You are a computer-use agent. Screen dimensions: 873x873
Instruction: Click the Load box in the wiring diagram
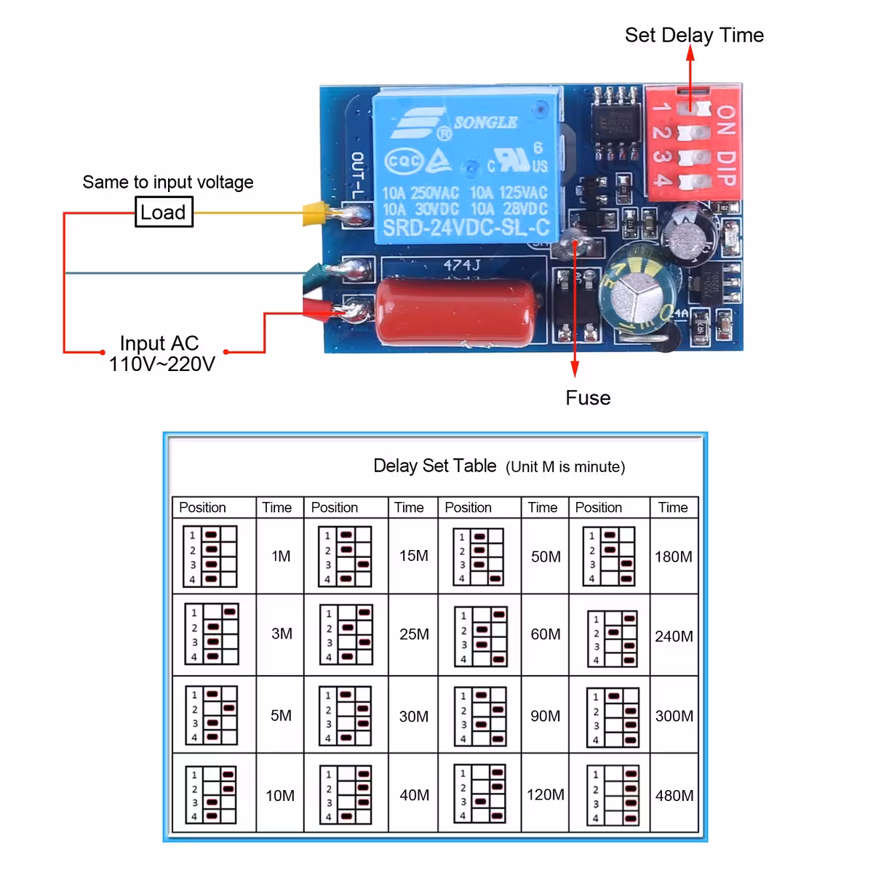coord(164,212)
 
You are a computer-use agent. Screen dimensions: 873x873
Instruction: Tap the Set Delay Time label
coord(694,35)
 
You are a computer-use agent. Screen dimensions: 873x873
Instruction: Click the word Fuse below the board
coord(588,398)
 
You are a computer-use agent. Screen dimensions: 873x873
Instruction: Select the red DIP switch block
coord(693,144)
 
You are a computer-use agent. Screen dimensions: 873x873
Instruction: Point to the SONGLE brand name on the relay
coord(485,122)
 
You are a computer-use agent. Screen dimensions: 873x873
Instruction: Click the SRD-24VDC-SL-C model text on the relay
coord(466,228)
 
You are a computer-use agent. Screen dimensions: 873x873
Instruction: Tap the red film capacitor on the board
coord(458,309)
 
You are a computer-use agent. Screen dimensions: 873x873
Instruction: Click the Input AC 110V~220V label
coord(162,354)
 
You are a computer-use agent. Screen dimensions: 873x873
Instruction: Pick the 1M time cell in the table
coord(281,557)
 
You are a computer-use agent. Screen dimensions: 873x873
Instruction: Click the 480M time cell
coord(674,796)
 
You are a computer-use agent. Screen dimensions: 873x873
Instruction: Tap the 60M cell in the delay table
coord(545,634)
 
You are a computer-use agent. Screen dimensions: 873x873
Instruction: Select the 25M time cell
coord(413,634)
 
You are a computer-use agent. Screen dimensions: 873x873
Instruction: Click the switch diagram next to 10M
coord(211,794)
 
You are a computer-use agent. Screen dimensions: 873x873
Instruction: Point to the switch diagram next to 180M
coord(609,557)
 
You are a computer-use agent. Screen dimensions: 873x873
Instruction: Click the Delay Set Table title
coord(434,466)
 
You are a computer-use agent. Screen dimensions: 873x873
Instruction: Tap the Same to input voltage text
coord(167,182)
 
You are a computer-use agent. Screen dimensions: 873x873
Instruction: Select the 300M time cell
coord(674,716)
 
